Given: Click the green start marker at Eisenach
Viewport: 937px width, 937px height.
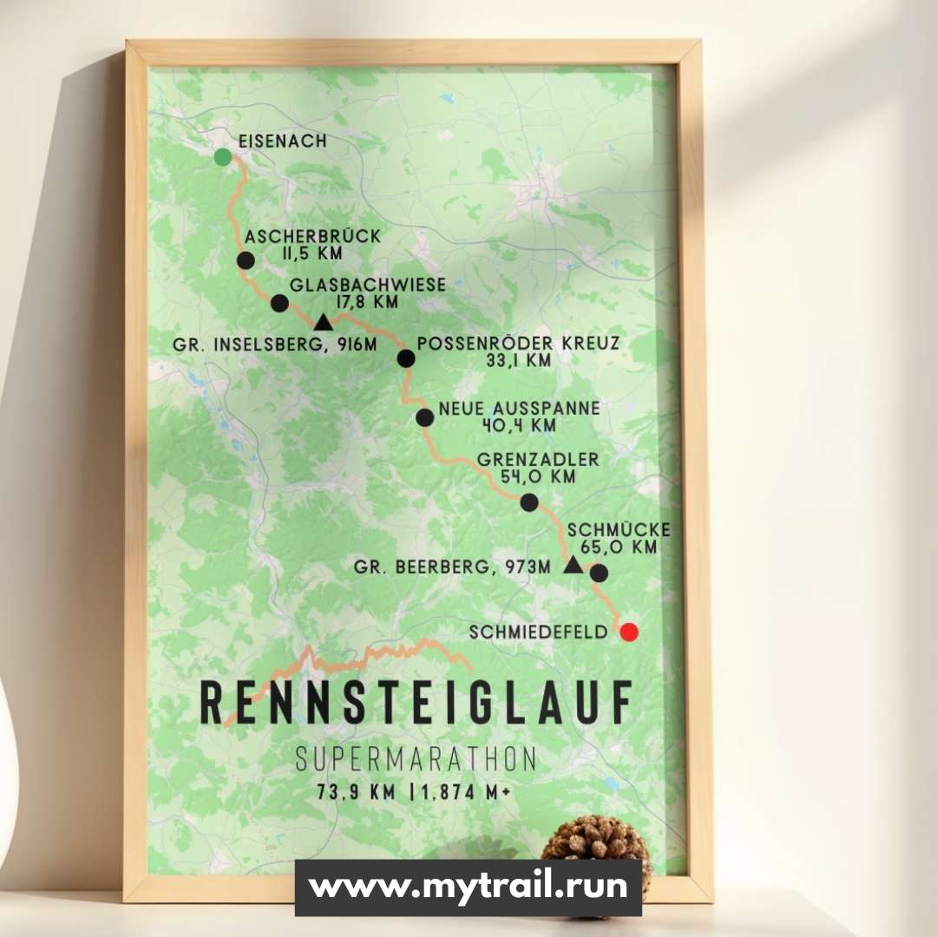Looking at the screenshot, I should pos(223,156).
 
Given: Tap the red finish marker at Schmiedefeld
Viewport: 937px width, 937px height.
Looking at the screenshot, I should pos(629,632).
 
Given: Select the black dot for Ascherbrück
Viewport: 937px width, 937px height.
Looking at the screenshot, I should pos(246,260).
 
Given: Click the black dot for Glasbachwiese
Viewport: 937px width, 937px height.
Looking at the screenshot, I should pos(279,303).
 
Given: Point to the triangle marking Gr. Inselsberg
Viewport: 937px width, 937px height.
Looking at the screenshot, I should pos(323,324).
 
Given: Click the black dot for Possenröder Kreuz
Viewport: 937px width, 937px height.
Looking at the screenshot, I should pos(405,358).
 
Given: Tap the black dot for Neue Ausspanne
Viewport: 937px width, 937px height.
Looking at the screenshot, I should pos(424,417).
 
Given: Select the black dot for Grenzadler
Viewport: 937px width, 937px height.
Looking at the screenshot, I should pos(529,501).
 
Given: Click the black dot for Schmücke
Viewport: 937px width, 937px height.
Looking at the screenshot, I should pos(599,573).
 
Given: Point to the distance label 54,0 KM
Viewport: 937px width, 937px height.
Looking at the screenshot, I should pos(537,476).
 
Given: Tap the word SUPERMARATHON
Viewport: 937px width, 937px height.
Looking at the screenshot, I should pos(416,759).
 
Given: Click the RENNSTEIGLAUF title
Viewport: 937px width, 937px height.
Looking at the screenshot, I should pos(416,703).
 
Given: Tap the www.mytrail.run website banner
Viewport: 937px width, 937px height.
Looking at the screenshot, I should pos(468,887).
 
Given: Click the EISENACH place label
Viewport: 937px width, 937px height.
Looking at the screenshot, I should pos(283,141).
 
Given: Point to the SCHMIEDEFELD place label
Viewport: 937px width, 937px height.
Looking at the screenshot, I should pos(539,632).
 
